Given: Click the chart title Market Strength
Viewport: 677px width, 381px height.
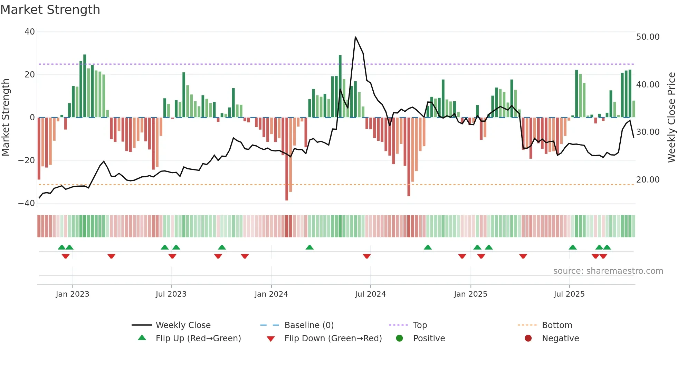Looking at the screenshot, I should [50, 10].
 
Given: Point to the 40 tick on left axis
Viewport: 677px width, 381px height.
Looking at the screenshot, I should [30, 32].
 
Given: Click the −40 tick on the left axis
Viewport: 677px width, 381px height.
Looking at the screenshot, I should [27, 203].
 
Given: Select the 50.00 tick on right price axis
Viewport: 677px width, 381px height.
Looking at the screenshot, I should [648, 37].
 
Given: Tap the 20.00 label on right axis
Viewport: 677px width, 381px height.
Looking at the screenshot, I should [648, 180].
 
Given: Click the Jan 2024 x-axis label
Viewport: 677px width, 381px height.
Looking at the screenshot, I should [271, 294].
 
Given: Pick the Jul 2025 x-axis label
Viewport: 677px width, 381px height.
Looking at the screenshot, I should [569, 294].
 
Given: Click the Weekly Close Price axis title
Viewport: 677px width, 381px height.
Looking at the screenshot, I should [671, 118].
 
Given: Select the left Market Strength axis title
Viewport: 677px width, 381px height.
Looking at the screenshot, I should [6, 118].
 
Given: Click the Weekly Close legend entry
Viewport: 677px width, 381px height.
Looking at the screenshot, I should [183, 325].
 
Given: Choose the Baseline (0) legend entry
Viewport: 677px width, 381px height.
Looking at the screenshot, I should [309, 325].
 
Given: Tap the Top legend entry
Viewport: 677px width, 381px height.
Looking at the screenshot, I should [420, 325].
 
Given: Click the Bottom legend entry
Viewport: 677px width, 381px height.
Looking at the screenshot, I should [557, 325].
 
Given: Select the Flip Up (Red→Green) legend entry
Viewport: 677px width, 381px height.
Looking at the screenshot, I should [198, 338].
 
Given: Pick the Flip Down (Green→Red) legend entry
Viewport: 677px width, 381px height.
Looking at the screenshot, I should [333, 338].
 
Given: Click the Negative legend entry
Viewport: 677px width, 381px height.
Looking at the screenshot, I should [560, 338].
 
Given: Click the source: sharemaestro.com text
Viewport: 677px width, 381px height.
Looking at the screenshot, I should [608, 271].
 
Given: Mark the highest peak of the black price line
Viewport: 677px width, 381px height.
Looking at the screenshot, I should [355, 37].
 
